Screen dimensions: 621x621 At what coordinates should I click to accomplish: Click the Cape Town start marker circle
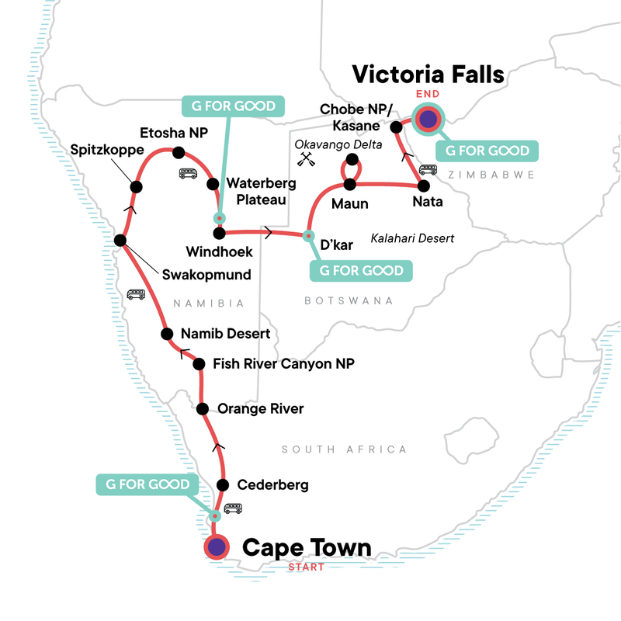[x=216, y=547]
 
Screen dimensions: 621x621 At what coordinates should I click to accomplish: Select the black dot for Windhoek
[x=219, y=233]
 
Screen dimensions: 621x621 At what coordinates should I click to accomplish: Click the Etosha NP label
[x=169, y=132]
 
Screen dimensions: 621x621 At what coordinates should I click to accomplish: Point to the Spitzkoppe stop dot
[x=137, y=186]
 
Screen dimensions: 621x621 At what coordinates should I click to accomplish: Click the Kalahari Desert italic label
[x=412, y=238]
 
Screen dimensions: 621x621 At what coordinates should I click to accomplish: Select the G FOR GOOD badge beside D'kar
[x=361, y=271]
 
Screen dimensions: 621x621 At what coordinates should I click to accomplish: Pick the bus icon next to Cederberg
[x=233, y=510]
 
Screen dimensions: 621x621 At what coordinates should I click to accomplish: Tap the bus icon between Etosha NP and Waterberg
[x=187, y=174]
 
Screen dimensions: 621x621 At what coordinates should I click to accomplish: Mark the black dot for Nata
[x=423, y=186]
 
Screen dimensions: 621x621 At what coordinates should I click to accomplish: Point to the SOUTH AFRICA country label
[x=344, y=449]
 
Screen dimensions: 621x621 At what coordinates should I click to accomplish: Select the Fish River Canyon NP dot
[x=199, y=363]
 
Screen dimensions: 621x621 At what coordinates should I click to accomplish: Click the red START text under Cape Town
[x=307, y=567]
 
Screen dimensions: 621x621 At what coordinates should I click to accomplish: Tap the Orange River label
[x=261, y=409]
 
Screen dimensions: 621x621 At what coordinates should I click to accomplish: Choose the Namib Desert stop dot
[x=166, y=335]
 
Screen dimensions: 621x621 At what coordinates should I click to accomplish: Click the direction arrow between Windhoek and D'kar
[x=269, y=232]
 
